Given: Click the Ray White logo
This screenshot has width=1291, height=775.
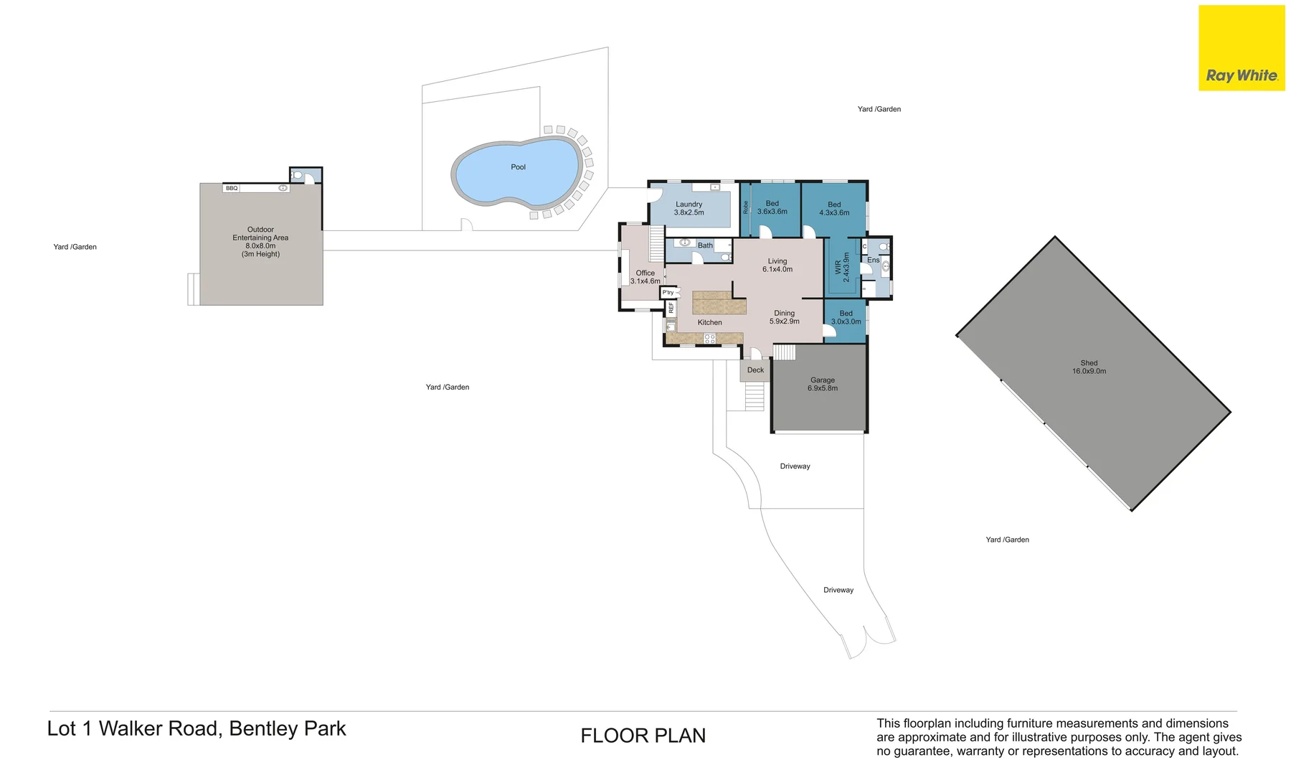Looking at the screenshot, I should pyautogui.click(x=1241, y=48).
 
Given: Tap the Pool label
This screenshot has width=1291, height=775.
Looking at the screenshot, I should pyautogui.click(x=518, y=167).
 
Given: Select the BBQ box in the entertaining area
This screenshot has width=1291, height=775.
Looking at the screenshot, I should pyautogui.click(x=232, y=188).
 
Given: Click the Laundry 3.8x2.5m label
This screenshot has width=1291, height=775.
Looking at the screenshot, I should pyautogui.click(x=689, y=208).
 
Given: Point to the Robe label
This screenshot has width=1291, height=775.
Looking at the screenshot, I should pyautogui.click(x=746, y=207).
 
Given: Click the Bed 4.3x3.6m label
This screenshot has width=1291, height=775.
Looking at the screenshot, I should pyautogui.click(x=834, y=209).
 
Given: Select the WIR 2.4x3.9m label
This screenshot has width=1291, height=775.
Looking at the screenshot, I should pyautogui.click(x=842, y=267).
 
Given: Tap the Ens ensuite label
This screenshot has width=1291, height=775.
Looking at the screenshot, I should pyautogui.click(x=873, y=260).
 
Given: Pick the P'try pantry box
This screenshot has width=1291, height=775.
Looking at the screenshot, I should pyautogui.click(x=668, y=293).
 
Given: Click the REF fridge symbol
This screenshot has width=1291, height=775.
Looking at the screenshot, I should pyautogui.click(x=671, y=308).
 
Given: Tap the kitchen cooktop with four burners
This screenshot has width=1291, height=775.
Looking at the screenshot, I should pyautogui.click(x=709, y=338).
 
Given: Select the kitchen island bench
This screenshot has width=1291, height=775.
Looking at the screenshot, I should pyautogui.click(x=719, y=303).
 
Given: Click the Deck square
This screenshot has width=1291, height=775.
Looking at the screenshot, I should pyautogui.click(x=755, y=370).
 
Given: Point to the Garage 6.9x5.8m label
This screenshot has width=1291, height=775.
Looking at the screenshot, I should pyautogui.click(x=822, y=384).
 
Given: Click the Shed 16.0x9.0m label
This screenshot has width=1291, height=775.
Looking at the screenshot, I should pyautogui.click(x=1089, y=367).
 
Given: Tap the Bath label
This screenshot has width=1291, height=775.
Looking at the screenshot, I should pyautogui.click(x=705, y=245).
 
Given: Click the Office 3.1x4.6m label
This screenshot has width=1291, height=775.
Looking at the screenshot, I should pyautogui.click(x=645, y=277).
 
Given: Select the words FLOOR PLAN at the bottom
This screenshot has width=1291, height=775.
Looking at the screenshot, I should pyautogui.click(x=643, y=736).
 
